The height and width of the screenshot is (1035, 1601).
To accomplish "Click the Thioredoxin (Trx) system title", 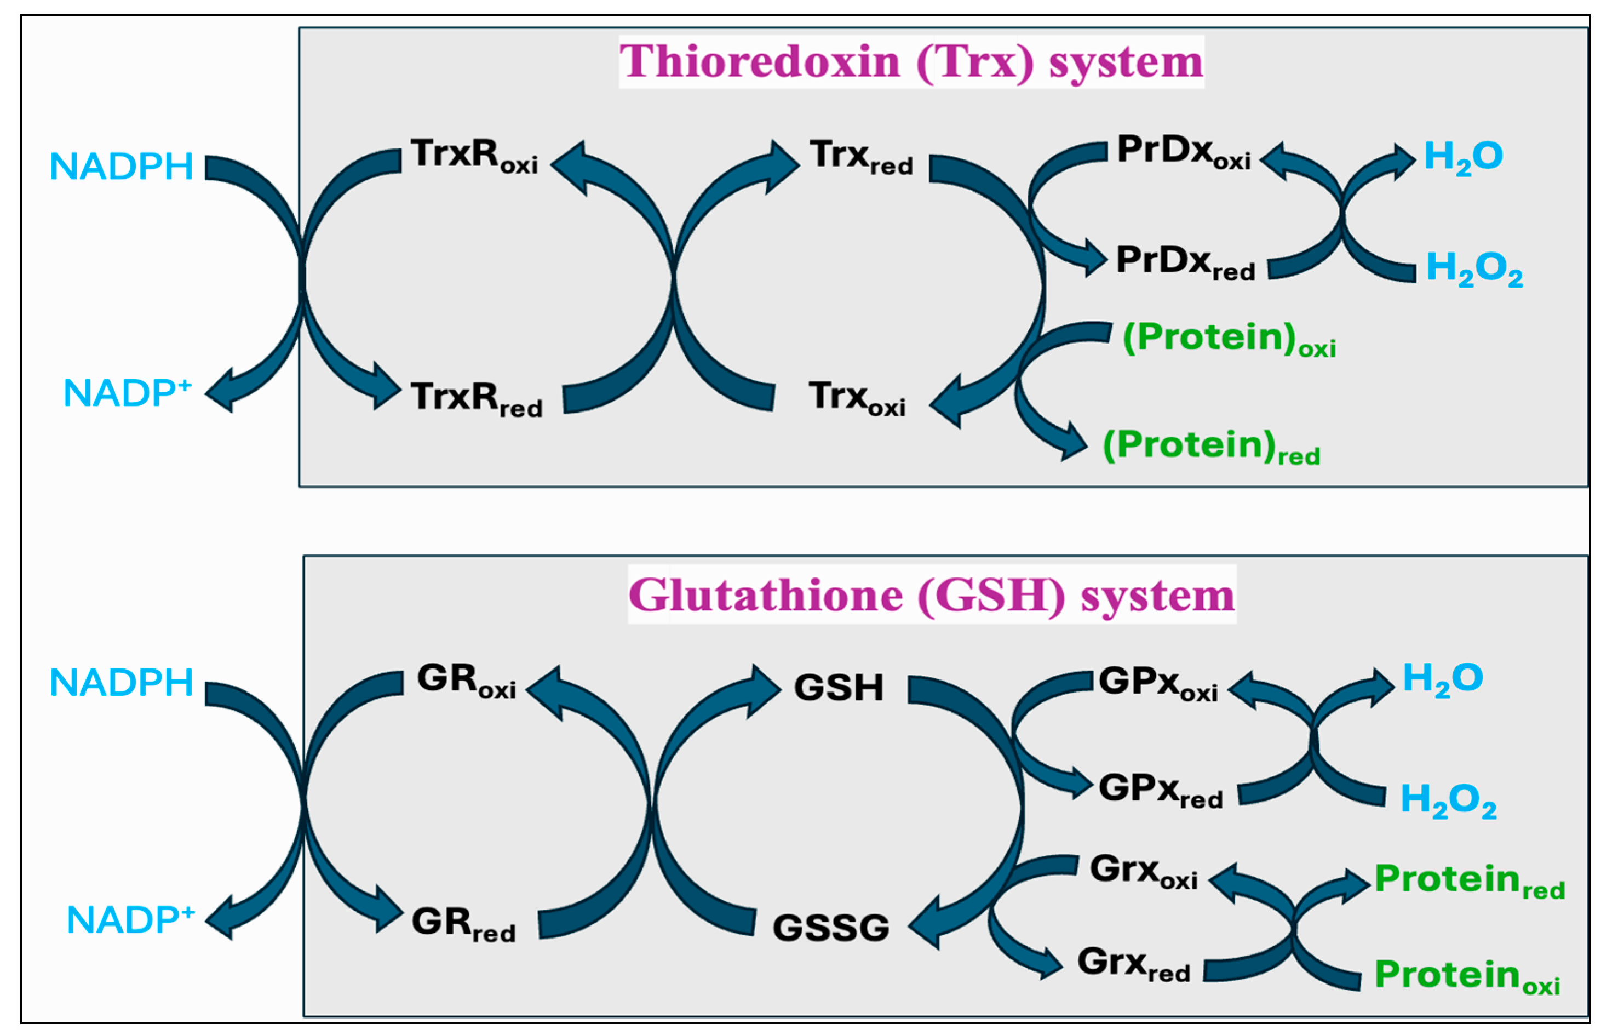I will tap(910, 62).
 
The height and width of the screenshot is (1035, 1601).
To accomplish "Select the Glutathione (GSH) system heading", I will tap(931, 596).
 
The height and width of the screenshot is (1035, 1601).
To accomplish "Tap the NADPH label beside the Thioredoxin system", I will tap(122, 167).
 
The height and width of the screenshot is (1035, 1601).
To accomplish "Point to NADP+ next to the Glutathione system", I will tap(130, 919).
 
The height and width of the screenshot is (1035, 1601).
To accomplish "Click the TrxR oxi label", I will tap(473, 156).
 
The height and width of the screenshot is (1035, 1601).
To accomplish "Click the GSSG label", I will tap(830, 928).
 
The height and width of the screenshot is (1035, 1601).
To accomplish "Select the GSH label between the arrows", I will tap(838, 688).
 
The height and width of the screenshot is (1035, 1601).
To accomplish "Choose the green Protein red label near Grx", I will tap(1468, 880).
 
